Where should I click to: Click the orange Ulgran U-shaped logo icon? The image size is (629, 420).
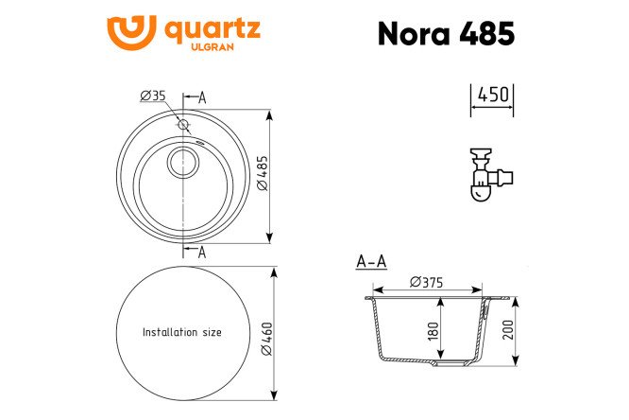pyautogui.click(x=131, y=32)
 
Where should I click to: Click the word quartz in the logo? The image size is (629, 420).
pyautogui.click(x=212, y=29)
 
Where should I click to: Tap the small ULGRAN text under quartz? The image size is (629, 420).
pyautogui.click(x=212, y=47)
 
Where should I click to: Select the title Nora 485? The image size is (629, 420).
pyautogui.click(x=446, y=33)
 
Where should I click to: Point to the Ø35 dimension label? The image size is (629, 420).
pyautogui.click(x=153, y=96)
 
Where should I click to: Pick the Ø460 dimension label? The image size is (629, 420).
pyautogui.click(x=266, y=339)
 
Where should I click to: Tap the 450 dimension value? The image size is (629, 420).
pyautogui.click(x=493, y=95)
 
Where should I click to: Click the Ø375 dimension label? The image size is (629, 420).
pyautogui.click(x=427, y=283)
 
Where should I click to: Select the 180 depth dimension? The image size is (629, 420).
pyautogui.click(x=433, y=331)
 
